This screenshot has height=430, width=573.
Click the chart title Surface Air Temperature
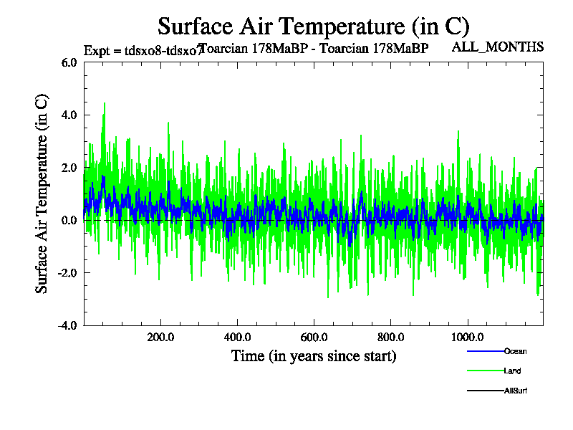[x=313, y=27]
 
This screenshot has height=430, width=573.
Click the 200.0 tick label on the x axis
[x=160, y=338]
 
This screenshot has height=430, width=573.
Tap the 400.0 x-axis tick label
[x=237, y=338]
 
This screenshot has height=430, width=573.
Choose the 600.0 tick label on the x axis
[x=314, y=338]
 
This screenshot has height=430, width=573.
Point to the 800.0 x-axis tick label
[x=390, y=338]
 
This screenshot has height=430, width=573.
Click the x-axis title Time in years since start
[x=314, y=355]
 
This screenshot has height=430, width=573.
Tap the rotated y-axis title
[x=42, y=193]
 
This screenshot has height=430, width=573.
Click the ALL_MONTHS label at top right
[x=498, y=47]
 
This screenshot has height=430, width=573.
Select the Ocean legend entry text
[x=516, y=351]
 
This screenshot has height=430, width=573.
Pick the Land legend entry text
[x=512, y=371]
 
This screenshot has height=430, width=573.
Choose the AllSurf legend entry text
[x=516, y=391]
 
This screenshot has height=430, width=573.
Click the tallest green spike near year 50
[x=105, y=104]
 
